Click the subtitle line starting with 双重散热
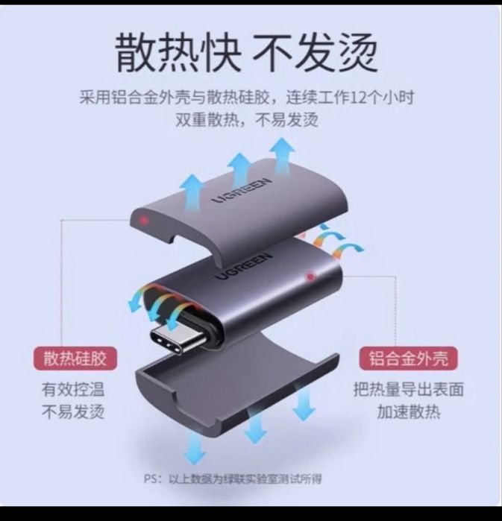click(247, 120)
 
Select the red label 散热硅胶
click(74, 359)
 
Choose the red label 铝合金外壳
click(409, 359)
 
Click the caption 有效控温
click(73, 388)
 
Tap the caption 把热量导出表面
click(409, 388)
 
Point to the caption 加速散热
click(409, 411)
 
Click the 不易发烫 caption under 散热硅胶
click(73, 411)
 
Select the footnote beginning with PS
click(233, 479)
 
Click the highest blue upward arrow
click(283, 153)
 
